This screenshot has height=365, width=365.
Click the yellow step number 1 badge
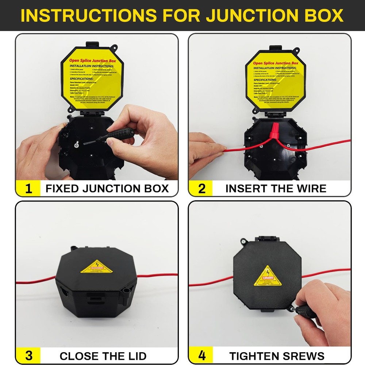[x=28, y=189]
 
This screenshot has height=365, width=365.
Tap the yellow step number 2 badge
[x=201, y=189]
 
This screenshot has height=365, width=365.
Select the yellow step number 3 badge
[x=28, y=356]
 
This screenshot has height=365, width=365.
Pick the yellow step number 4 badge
[x=201, y=356]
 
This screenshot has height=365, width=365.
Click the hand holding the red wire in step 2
[x=204, y=148]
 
